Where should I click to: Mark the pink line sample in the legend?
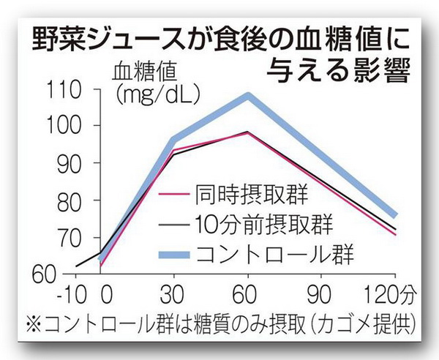click(x=176, y=195)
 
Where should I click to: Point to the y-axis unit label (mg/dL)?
click(x=153, y=94)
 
